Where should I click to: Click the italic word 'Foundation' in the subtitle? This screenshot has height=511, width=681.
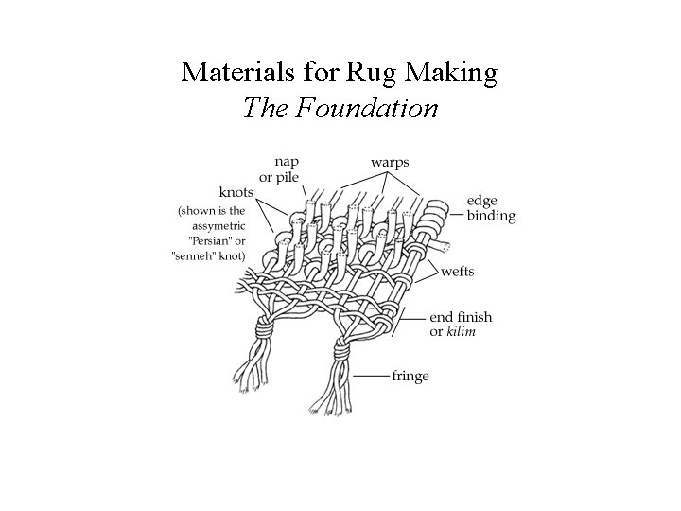367,108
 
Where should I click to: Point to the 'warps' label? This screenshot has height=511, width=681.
390,162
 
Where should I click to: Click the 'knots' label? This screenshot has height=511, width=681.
236,193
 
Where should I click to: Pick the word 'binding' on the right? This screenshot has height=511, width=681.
491,216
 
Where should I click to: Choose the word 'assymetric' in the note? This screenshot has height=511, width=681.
217,225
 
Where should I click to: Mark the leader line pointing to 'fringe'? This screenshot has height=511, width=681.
371,376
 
